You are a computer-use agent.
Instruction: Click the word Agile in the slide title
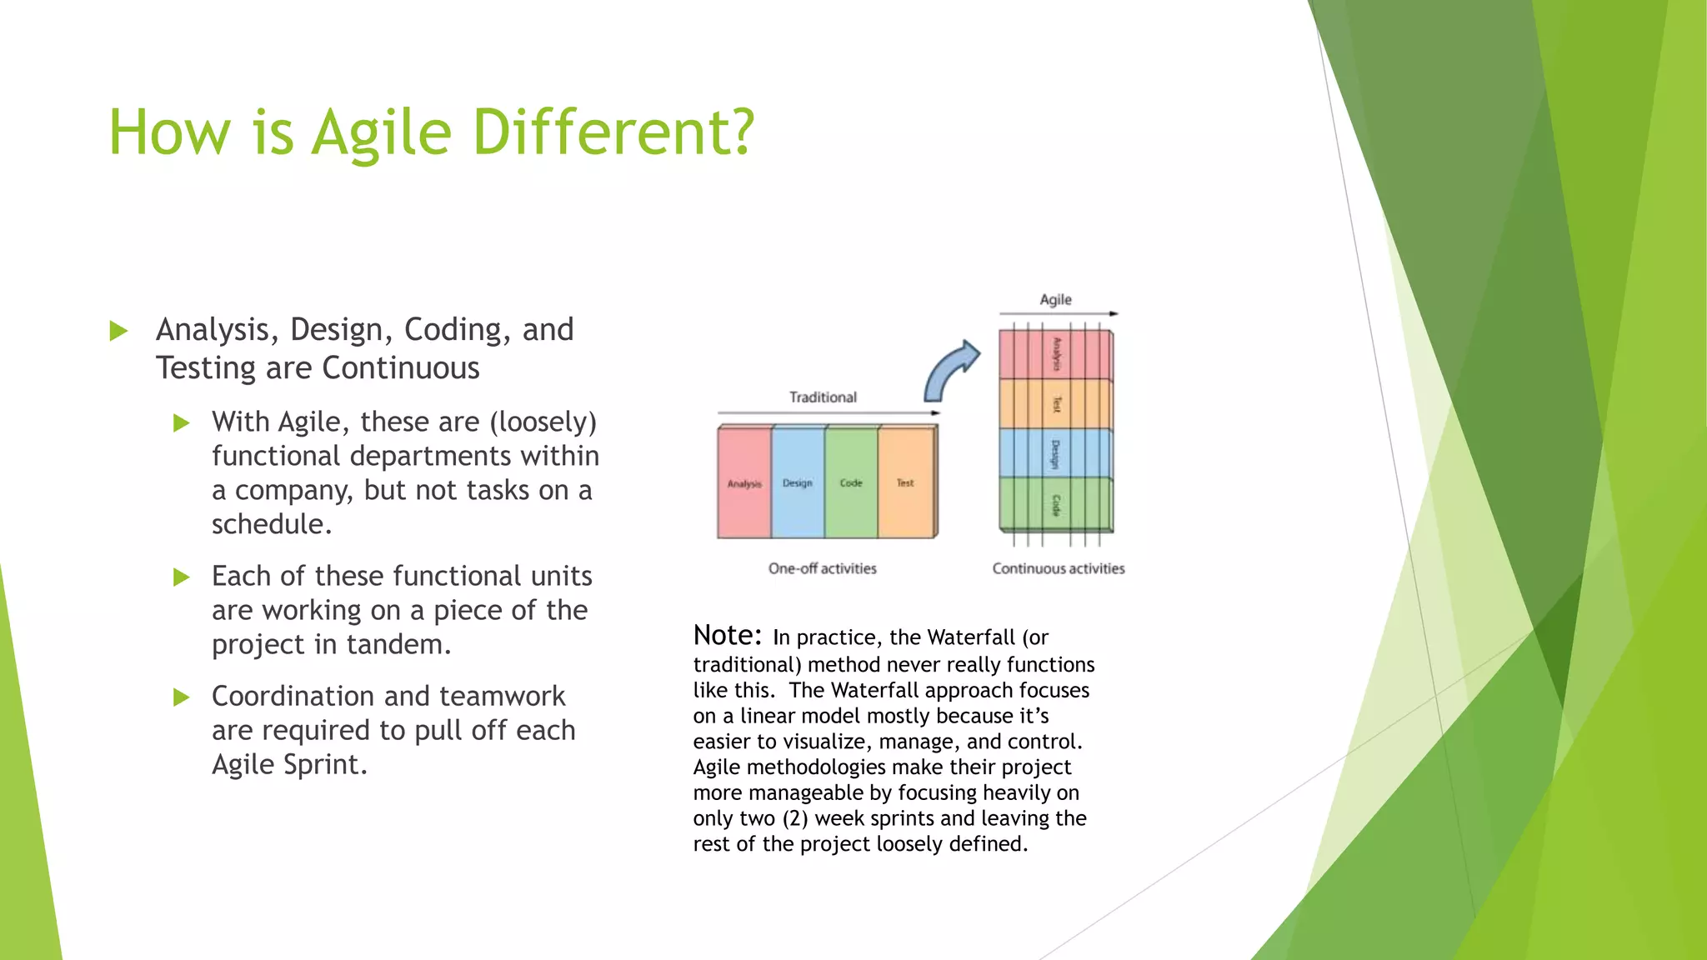pos(381,133)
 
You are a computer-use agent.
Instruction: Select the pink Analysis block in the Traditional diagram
pos(744,482)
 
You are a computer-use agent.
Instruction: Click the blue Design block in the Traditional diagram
pos(798,482)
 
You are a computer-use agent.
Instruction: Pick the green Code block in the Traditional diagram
pos(851,482)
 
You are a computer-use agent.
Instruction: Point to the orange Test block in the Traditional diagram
pos(905,482)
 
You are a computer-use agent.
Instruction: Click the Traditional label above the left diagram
pos(823,397)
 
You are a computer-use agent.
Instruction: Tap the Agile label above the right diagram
pos(1055,299)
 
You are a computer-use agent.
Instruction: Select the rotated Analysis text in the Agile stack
pos(1056,354)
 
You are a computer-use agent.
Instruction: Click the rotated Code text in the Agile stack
pos(1056,505)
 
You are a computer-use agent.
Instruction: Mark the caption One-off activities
pos(822,568)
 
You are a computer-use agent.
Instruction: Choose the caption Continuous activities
pos(1058,568)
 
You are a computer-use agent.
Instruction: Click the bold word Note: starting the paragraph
pos(727,635)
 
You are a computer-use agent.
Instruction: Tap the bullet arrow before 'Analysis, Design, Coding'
pos(118,332)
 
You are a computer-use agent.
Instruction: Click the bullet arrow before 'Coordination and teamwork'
pos(181,697)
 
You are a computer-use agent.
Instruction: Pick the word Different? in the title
pos(613,133)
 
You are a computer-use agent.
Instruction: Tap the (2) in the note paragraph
pos(794,818)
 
